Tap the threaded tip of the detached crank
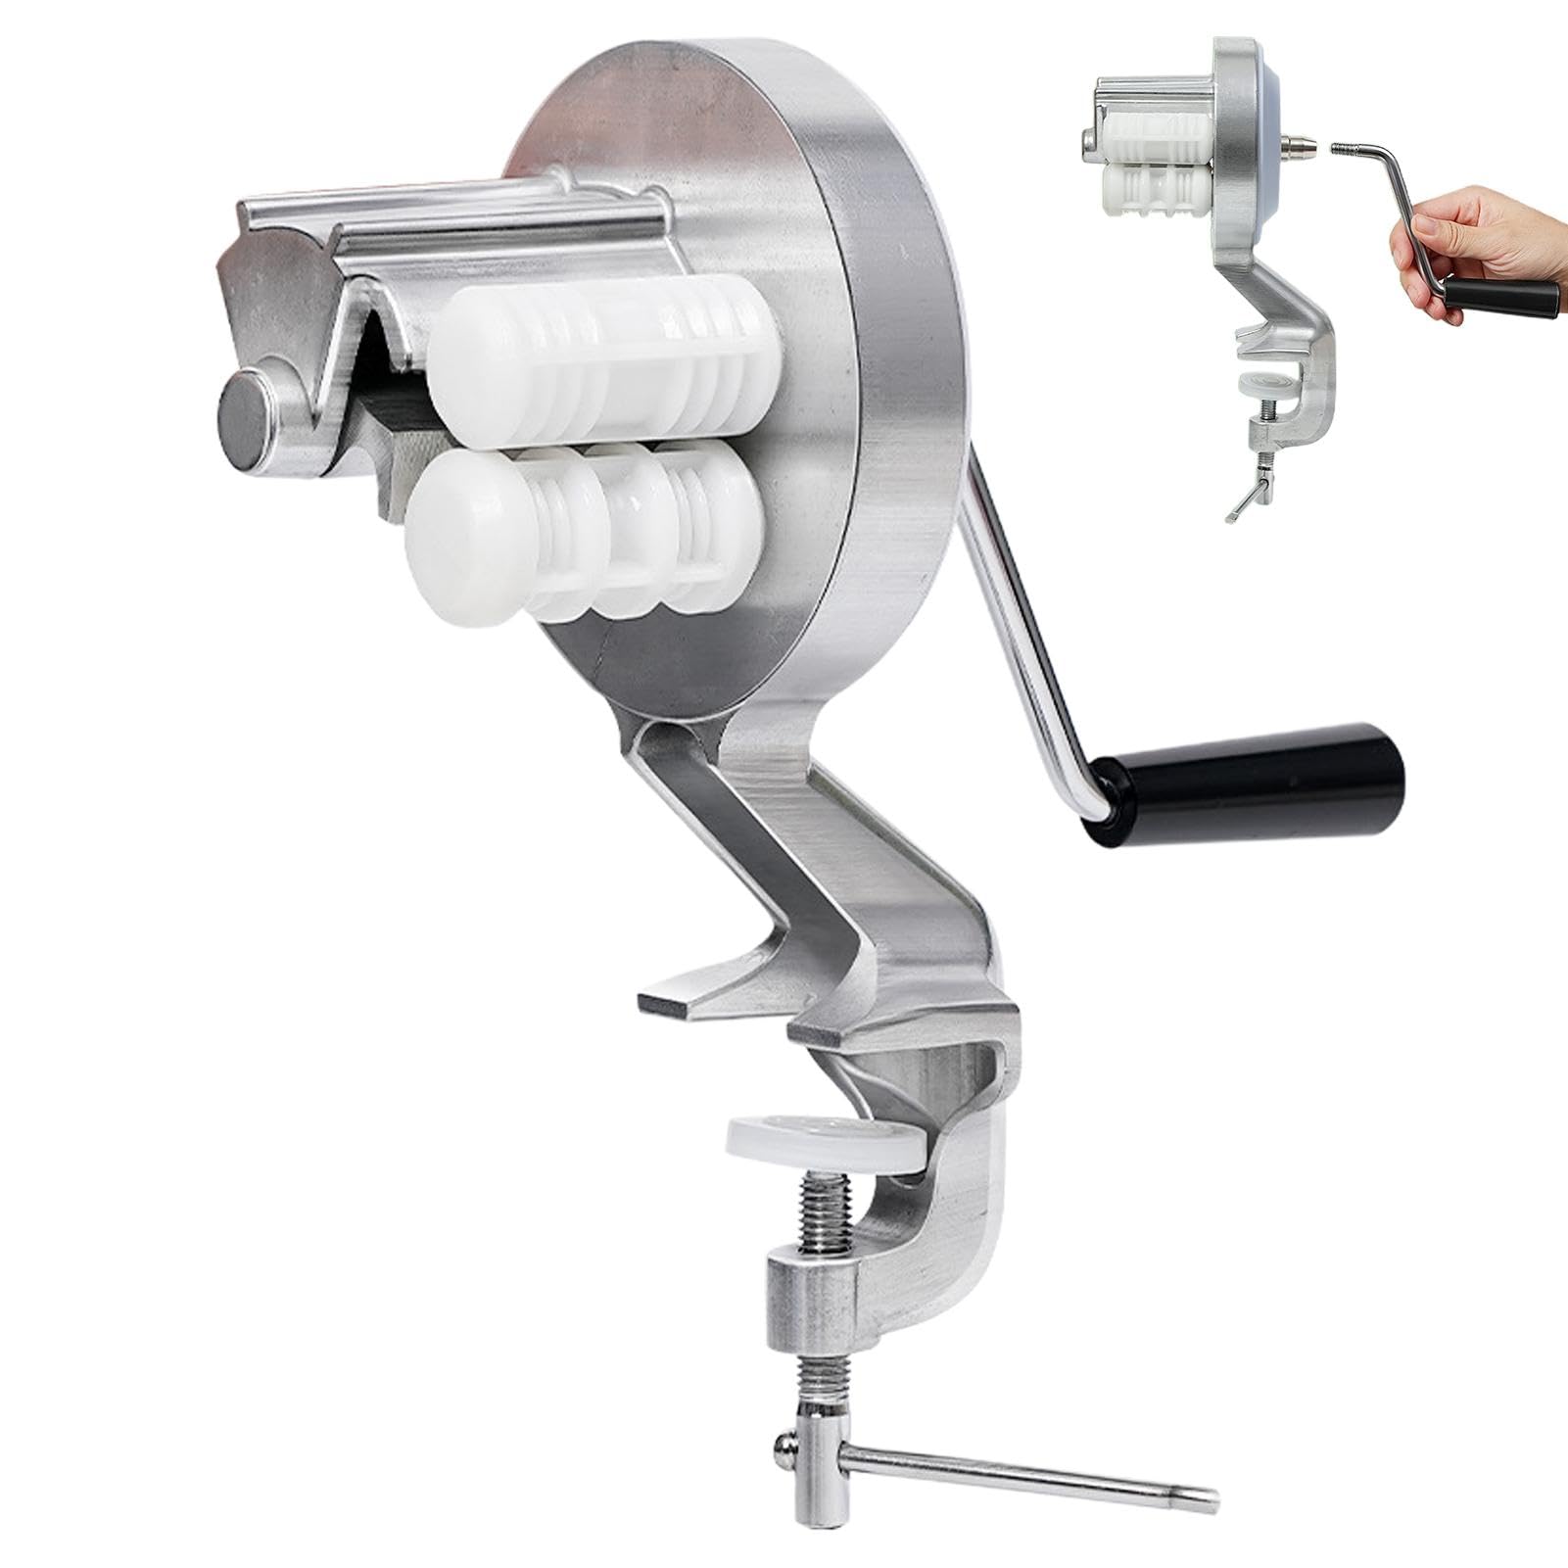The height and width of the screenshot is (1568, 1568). click(1347, 149)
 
